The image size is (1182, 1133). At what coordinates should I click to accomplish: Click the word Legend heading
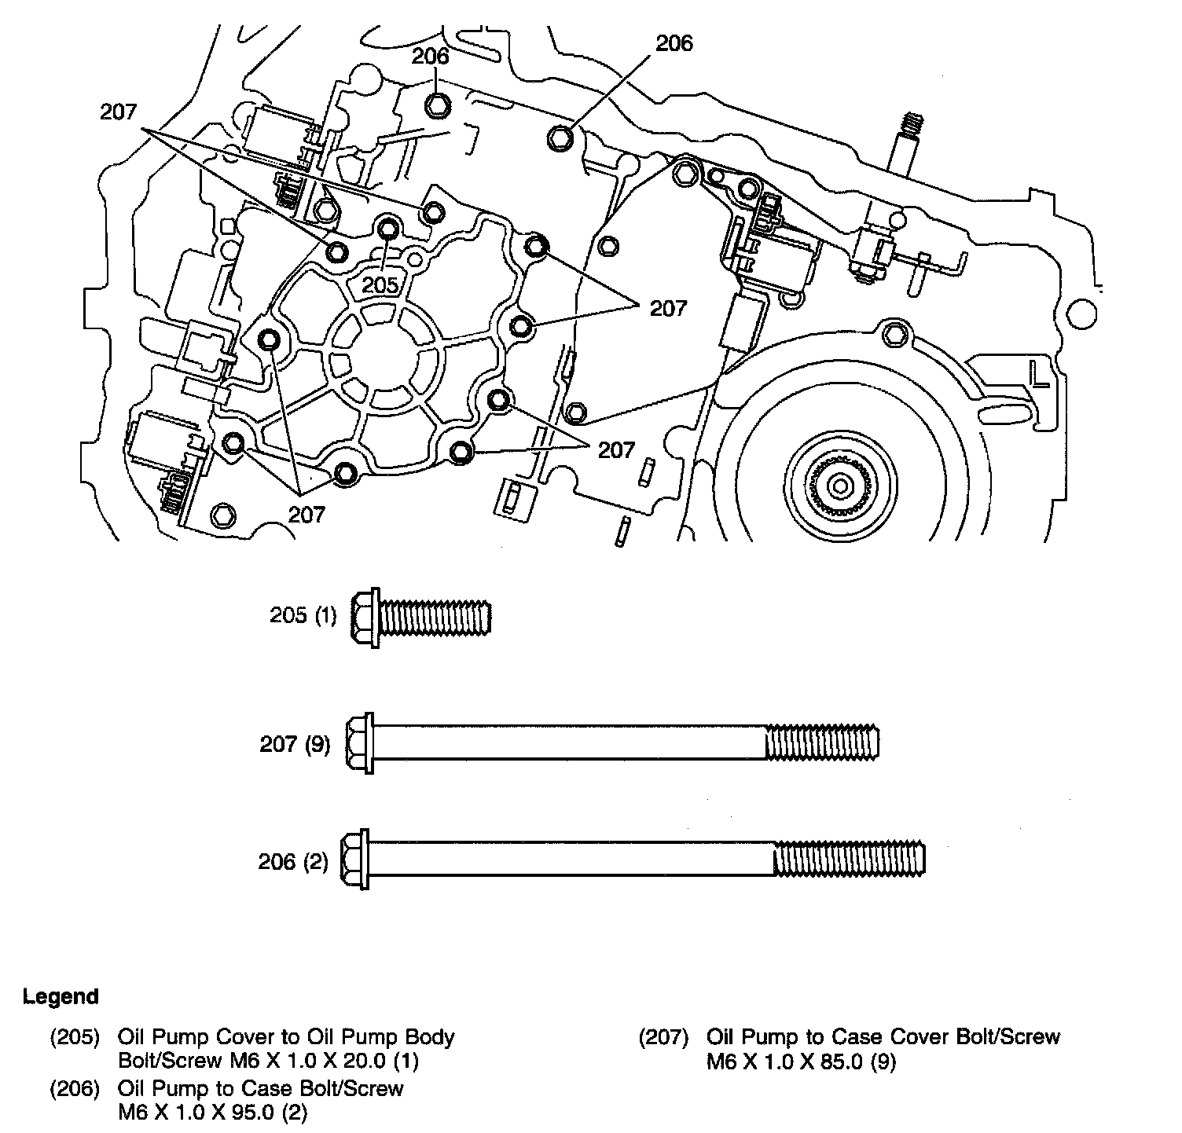tap(61, 997)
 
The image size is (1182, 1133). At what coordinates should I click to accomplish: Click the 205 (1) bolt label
tap(303, 615)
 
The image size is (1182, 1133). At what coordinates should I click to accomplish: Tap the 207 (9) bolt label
tap(295, 743)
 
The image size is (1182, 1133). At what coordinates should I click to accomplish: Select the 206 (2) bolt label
tap(293, 862)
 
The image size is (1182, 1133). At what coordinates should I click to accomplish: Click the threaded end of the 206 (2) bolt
tap(849, 860)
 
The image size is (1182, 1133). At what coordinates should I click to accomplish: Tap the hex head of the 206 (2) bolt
tap(354, 860)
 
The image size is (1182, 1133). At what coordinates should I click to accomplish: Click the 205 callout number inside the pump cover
tap(381, 284)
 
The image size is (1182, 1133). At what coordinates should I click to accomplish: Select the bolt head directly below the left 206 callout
tap(438, 104)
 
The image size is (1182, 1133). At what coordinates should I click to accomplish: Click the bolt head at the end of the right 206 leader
tap(559, 137)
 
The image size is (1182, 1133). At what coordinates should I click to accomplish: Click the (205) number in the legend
tap(75, 1037)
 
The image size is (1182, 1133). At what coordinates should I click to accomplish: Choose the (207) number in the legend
tap(663, 1037)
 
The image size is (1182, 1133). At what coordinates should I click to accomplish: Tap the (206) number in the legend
tap(75, 1088)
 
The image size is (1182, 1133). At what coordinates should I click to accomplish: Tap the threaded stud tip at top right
tap(912, 123)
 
